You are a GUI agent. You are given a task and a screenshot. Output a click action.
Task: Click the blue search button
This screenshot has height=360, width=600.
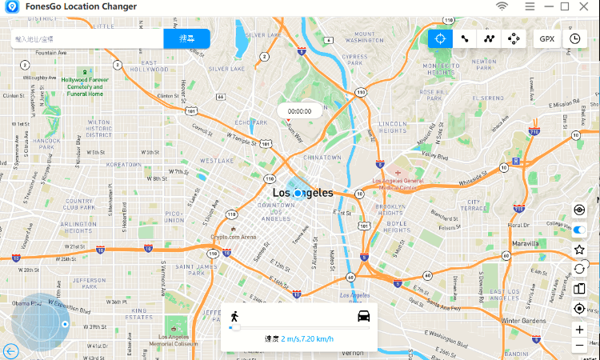[186, 38]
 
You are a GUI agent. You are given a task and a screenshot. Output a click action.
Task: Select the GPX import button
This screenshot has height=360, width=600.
[547, 38]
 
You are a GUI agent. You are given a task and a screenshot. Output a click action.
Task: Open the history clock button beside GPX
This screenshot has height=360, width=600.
[574, 38]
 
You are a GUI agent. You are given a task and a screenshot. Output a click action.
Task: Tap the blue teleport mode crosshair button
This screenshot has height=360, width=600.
[439, 38]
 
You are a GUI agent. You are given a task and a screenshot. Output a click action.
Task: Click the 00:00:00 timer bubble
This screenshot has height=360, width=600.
[300, 111]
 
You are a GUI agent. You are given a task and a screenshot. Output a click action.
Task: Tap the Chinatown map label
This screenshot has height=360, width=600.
[322, 158]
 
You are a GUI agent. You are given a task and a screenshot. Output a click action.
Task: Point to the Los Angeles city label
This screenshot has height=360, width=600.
[302, 193]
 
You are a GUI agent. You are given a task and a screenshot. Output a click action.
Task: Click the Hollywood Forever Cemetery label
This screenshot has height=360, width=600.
[86, 86]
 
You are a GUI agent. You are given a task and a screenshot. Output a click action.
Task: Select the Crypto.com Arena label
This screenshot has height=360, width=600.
[234, 237]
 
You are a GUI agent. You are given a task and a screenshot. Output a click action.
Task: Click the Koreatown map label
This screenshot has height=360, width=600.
[124, 164]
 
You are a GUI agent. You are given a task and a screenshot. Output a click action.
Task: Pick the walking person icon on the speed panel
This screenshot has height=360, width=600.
[234, 315]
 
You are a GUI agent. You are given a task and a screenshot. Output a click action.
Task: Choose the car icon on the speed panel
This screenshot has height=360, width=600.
[364, 315]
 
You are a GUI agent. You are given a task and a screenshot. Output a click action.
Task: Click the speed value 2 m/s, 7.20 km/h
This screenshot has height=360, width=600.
[307, 339]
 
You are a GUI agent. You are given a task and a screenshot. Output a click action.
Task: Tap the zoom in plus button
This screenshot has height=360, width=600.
[580, 330]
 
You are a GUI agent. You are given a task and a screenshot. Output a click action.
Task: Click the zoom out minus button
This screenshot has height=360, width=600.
[580, 346]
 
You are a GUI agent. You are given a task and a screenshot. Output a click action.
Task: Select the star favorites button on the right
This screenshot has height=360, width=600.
[580, 250]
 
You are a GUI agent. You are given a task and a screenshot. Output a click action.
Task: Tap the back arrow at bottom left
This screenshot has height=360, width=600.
[10, 350]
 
